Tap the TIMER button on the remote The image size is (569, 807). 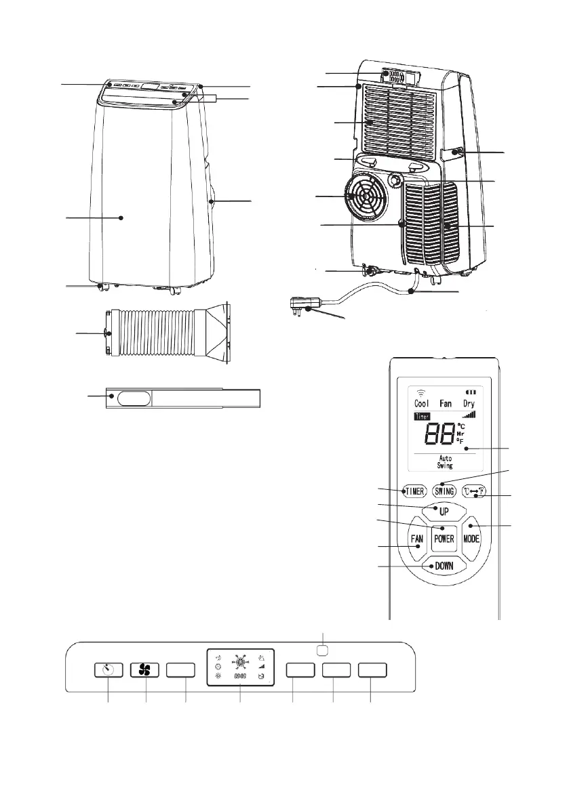415,491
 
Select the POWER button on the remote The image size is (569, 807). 444,539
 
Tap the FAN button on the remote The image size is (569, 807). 416,540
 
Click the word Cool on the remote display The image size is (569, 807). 422,403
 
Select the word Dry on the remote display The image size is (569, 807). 469,403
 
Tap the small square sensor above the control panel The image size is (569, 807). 323,650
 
